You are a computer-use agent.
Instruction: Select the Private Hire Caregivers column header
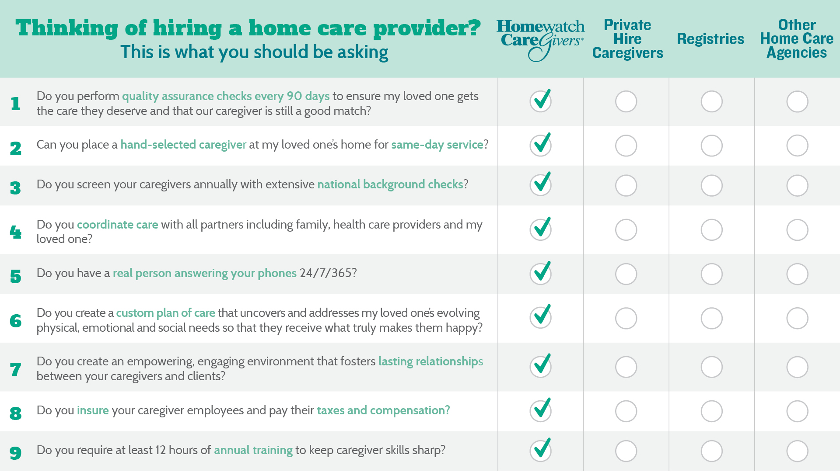[x=627, y=39]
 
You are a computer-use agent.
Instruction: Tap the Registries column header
[x=710, y=39]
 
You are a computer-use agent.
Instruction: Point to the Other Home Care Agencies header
[x=797, y=38]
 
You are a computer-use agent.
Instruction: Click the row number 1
[x=16, y=104]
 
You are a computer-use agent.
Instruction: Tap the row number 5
[x=16, y=276]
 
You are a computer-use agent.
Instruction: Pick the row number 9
[x=15, y=453]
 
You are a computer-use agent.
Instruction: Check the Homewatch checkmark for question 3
[x=541, y=184]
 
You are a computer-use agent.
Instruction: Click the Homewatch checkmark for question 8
[x=541, y=410]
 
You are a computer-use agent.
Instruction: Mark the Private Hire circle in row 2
[x=626, y=146]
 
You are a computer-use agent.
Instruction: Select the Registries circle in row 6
[x=712, y=319]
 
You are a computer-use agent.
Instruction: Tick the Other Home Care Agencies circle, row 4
[x=797, y=230]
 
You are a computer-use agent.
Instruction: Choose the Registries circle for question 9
[x=712, y=451]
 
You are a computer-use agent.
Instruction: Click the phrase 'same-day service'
[x=437, y=145]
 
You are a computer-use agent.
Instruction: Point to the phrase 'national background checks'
[x=390, y=184]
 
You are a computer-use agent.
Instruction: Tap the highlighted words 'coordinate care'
[x=117, y=225]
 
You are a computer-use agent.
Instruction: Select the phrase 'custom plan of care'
[x=165, y=313]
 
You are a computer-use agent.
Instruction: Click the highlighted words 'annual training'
[x=253, y=450]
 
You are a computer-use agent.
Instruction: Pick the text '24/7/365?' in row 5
[x=328, y=273]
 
